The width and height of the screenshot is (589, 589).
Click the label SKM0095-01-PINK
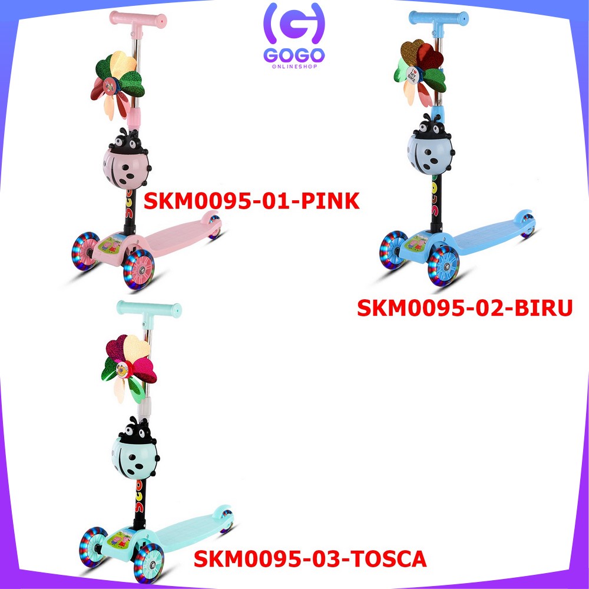pyautogui.click(x=252, y=201)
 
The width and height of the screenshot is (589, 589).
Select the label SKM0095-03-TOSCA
pyautogui.click(x=310, y=558)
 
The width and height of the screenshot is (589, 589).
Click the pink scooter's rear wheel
pyautogui.click(x=215, y=229)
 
